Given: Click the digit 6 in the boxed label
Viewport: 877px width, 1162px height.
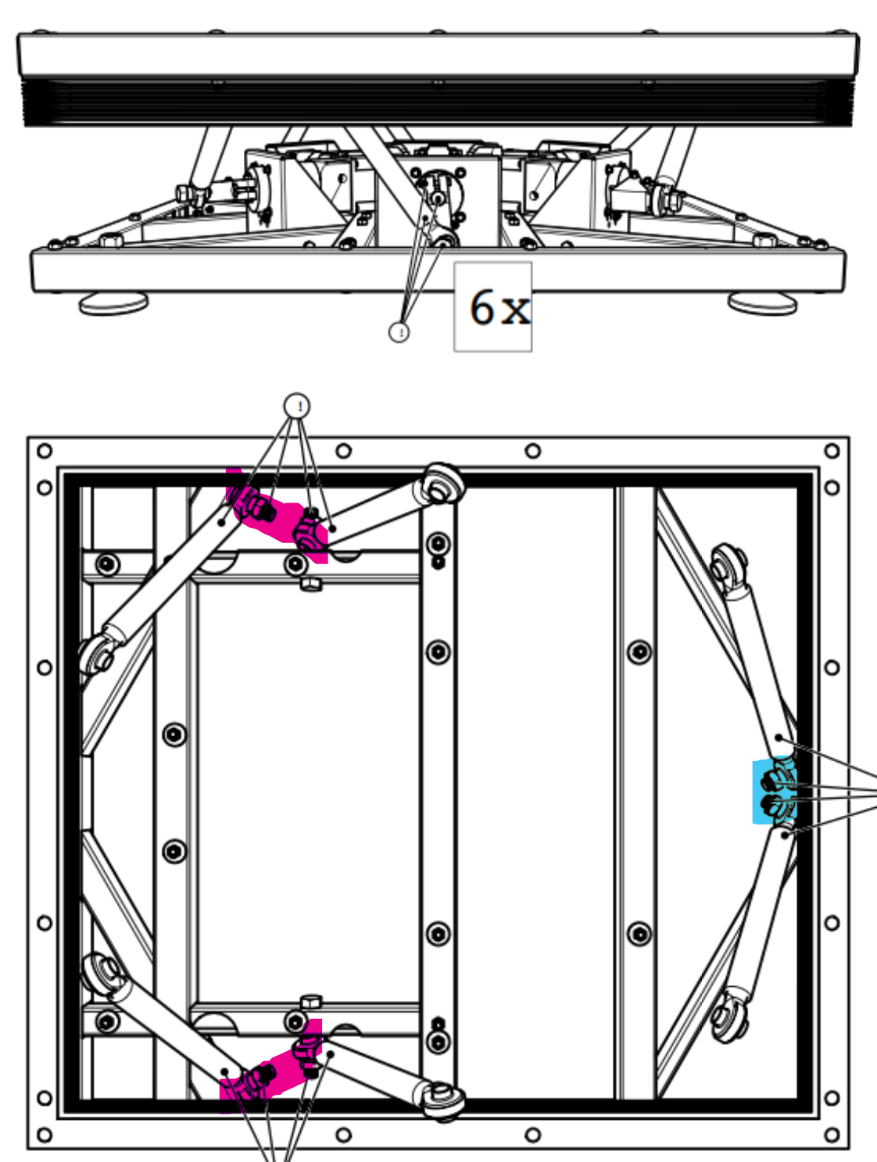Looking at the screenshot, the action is (481, 306).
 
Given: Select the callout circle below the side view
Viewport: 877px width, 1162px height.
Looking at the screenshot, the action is (399, 332).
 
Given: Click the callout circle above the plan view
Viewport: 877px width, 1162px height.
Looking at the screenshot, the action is (297, 406).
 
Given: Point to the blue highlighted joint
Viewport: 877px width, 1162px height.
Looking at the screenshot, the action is (775, 792).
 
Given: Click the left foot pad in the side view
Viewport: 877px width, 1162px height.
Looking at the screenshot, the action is (114, 304).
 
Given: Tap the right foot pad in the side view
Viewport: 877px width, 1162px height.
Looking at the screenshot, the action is (763, 304).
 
